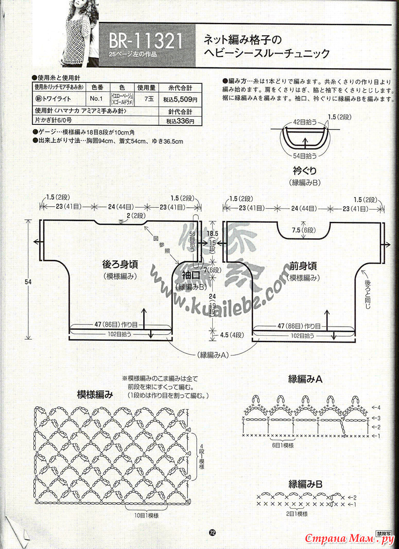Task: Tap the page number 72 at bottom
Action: [212, 532]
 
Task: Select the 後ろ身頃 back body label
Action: [120, 265]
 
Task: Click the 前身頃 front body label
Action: [303, 265]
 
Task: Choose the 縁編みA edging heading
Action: [306, 379]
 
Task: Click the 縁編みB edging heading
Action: [306, 484]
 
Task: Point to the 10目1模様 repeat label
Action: [146, 516]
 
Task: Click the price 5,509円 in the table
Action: [181, 99]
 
